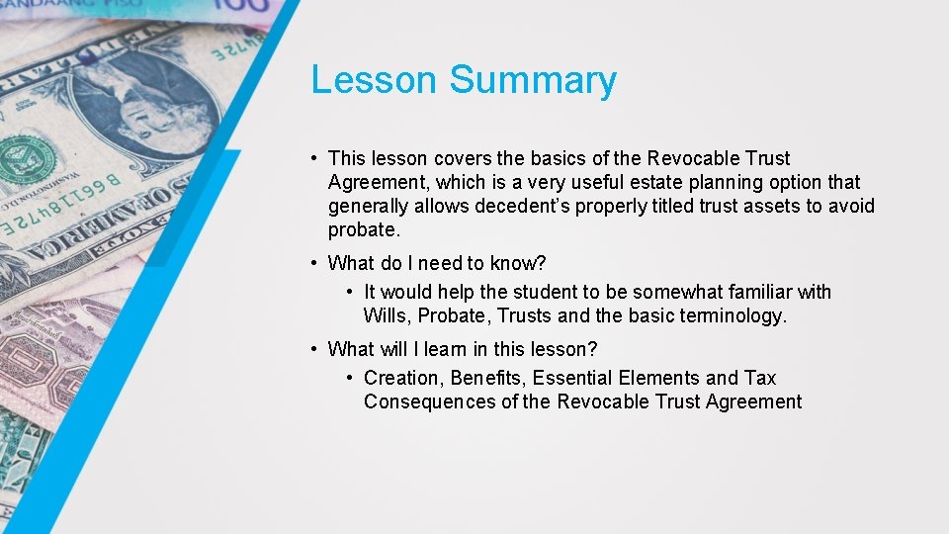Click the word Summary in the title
533,80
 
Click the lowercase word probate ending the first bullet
363,230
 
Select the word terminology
731,315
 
